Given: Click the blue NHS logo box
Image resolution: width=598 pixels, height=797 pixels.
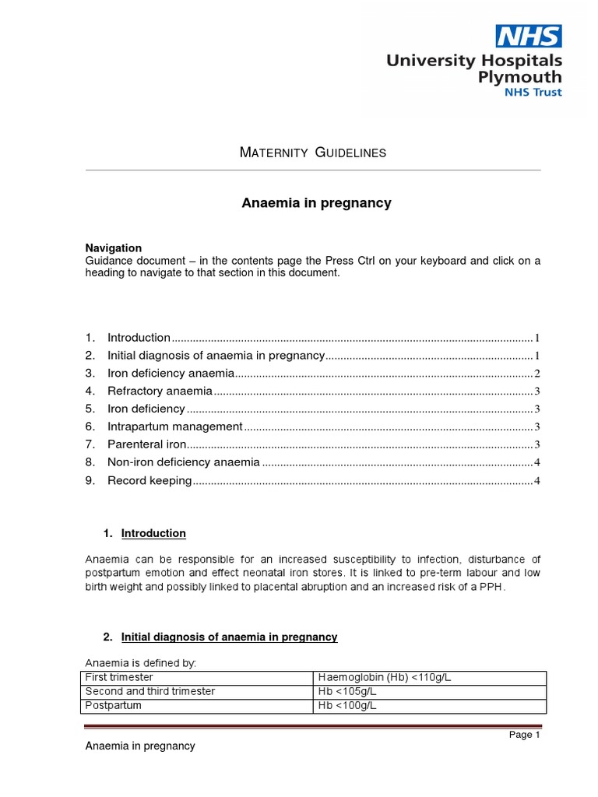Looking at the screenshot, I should tap(529, 36).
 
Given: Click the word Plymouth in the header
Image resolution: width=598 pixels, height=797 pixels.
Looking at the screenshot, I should tap(519, 77).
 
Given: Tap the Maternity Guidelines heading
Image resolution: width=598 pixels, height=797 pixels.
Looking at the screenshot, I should tap(312, 153).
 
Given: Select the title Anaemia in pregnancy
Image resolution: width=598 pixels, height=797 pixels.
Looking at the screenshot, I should tap(315, 203).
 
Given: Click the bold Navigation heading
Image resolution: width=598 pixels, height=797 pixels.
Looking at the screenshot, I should tap(114, 248).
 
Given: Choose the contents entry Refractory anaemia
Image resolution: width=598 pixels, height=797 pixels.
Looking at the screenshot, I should tap(160, 391).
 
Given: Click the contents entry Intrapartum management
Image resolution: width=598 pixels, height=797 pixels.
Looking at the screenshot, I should tap(175, 427).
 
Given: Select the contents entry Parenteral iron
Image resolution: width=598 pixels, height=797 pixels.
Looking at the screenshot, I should tap(147, 444).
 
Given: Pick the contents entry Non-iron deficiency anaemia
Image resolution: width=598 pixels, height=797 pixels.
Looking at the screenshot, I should tap(183, 462).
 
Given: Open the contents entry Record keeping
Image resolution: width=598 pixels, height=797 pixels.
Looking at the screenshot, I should tap(149, 481).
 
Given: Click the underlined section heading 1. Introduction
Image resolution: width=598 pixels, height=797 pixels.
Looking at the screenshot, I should tap(153, 533).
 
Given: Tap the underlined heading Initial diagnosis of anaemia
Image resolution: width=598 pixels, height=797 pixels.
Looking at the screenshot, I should tap(229, 637).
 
